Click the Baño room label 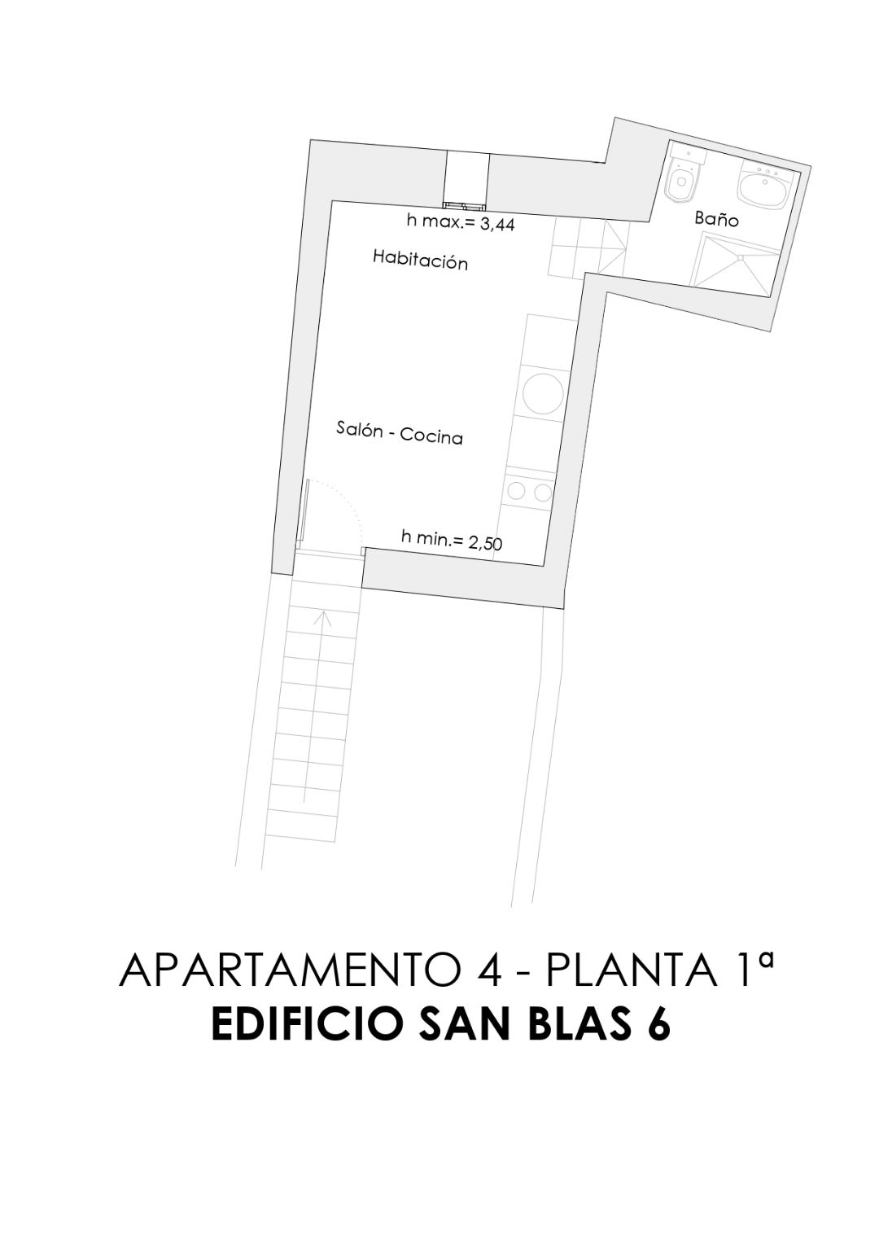pos(716,219)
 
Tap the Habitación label pos(420,260)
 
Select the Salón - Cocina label pos(400,433)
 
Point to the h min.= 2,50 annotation pos(452,539)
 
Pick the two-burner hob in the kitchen pos(531,491)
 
